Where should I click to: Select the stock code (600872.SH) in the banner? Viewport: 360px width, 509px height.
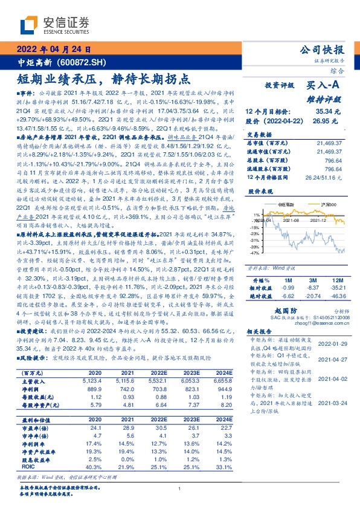coord(82,61)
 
